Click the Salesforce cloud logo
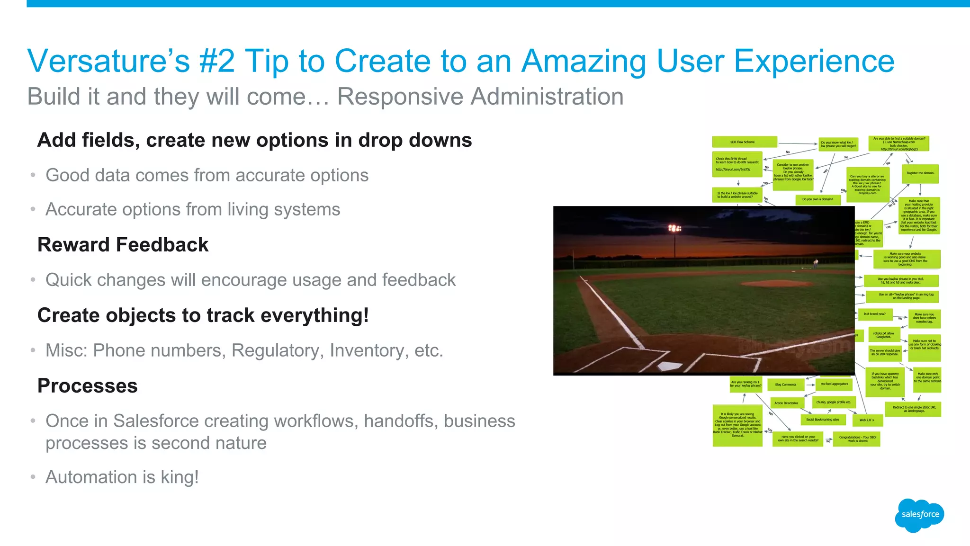[920, 515]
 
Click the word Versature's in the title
[108, 61]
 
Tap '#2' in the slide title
[217, 61]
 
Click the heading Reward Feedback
[123, 245]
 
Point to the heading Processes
[88, 385]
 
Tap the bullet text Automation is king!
[122, 477]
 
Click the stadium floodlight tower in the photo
[674, 229]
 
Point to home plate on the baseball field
[670, 366]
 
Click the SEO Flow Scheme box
[744, 142]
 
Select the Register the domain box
[920, 173]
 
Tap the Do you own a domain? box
[817, 199]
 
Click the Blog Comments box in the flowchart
[786, 385]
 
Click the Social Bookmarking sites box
[823, 420]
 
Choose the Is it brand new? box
[874, 314]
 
